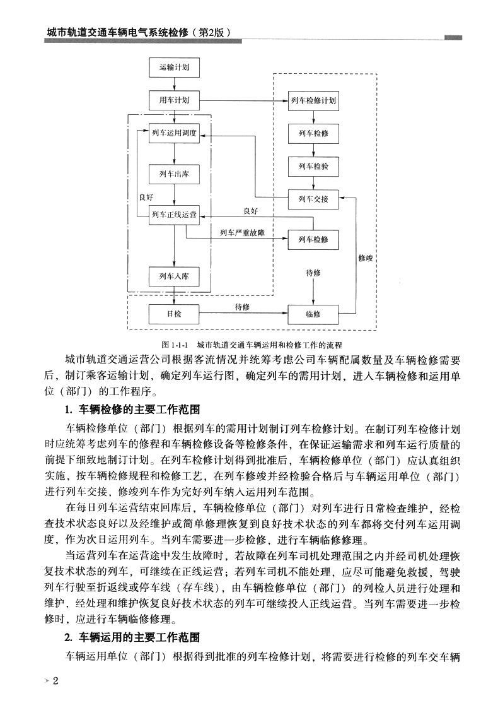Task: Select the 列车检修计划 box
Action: (313, 100)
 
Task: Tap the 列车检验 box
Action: (313, 167)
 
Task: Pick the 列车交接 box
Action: (313, 199)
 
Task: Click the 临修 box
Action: (313, 314)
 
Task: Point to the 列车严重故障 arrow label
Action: (242, 233)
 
